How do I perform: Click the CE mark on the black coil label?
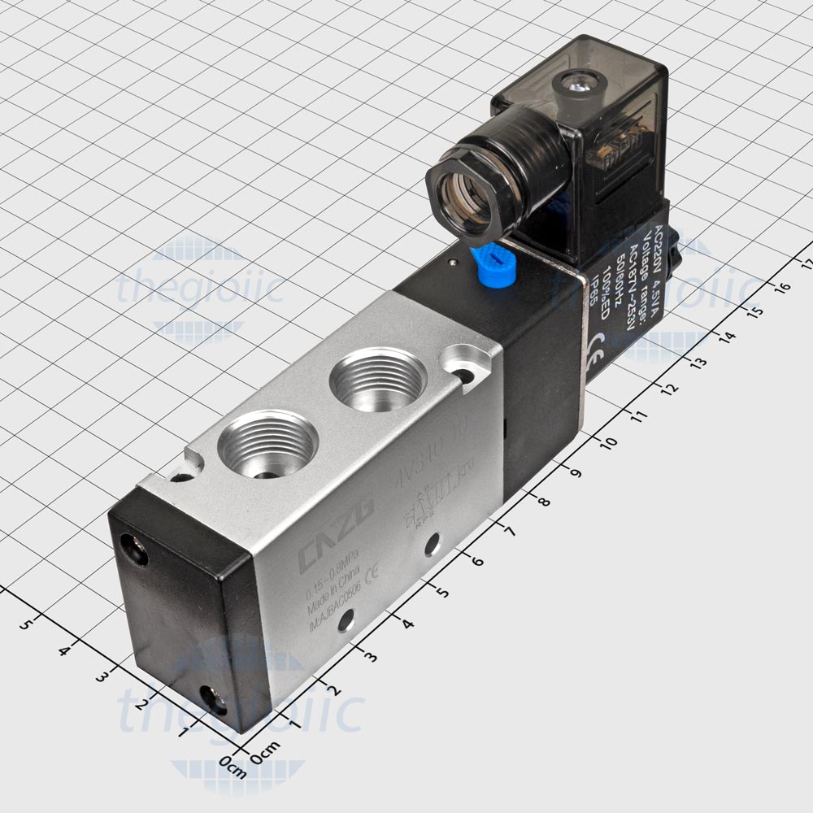[x=598, y=339]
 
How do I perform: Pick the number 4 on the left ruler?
[x=64, y=650]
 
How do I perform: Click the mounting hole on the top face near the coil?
[x=465, y=375]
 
